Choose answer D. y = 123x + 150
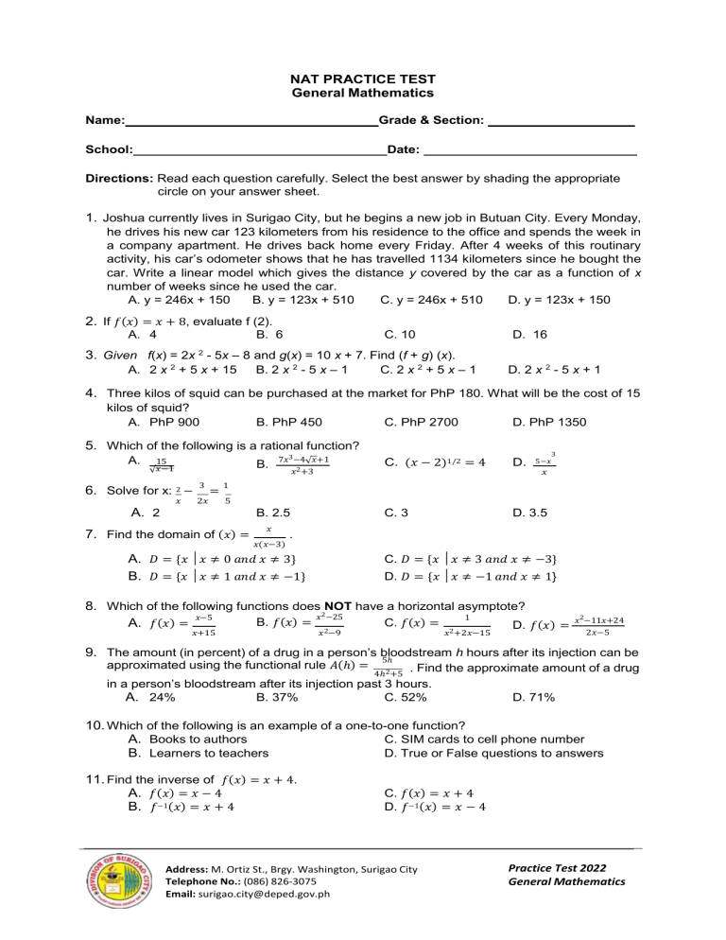(559, 300)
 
